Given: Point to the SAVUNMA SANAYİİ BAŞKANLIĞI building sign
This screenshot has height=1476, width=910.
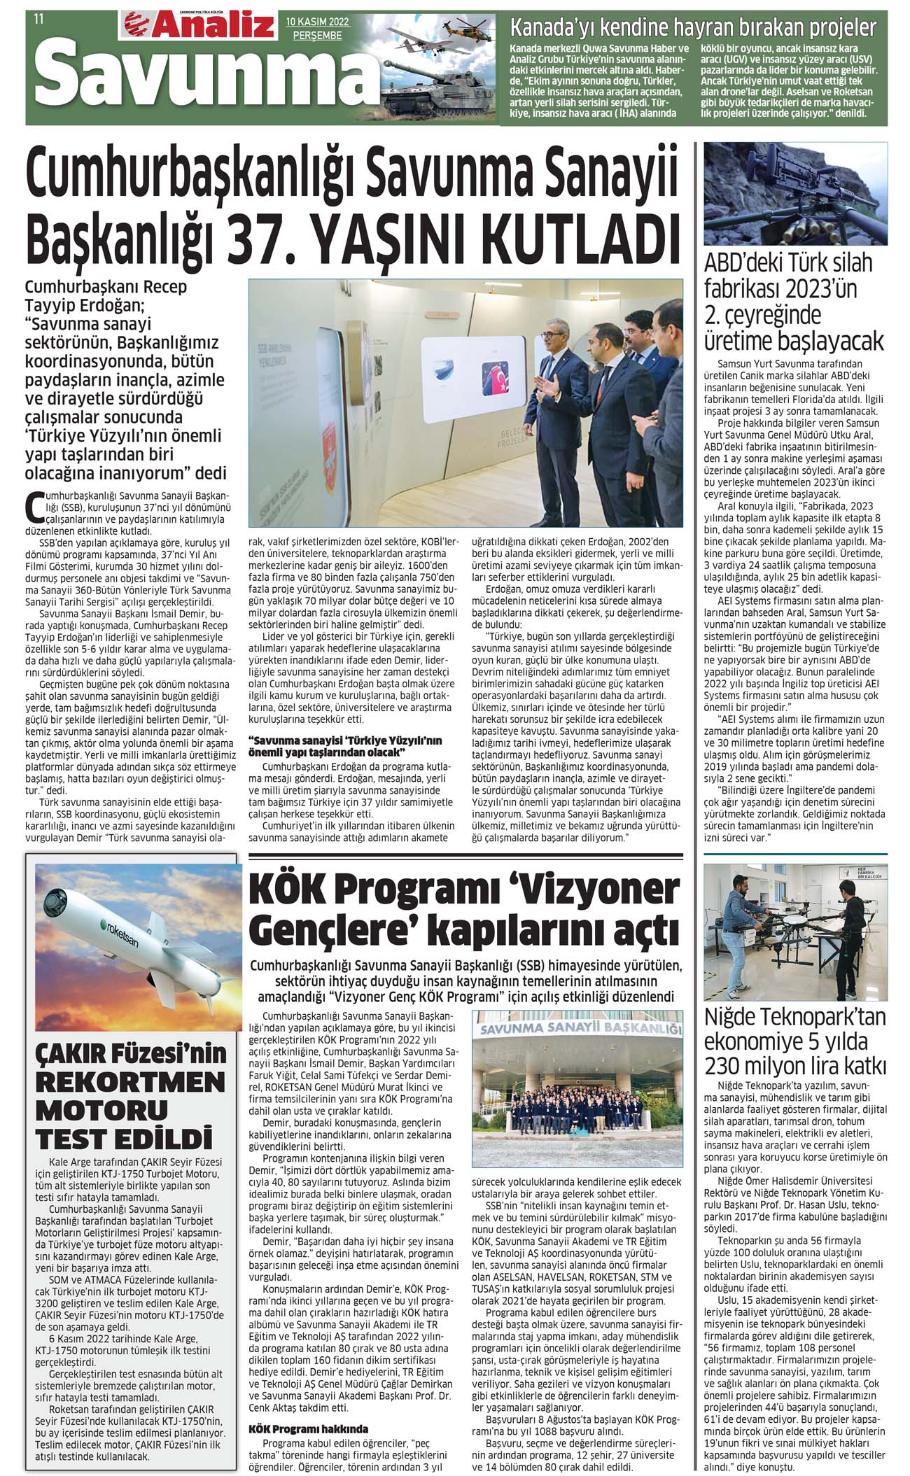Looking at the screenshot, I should (580, 1029).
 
